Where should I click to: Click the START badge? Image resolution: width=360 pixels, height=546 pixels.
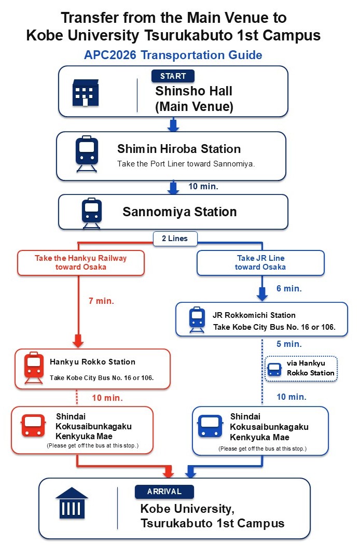pos(173,76)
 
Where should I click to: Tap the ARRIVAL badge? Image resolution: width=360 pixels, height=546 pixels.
pos(164,492)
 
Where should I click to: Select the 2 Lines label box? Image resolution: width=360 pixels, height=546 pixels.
pos(175,239)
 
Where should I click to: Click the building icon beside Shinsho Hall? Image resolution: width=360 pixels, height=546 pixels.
pos(86,93)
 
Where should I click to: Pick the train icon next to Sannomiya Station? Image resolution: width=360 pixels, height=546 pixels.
pos(92,213)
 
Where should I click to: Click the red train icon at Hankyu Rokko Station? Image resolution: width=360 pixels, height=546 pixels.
pos(34,368)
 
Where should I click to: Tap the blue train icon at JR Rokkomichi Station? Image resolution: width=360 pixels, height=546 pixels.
pos(197,319)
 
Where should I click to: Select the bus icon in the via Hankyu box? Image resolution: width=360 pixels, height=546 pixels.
pos(274,370)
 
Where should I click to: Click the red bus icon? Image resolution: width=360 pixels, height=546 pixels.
pos(33,425)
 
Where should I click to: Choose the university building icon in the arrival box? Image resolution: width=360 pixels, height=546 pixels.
pos(72,503)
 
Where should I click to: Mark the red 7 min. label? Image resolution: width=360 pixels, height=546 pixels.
pos(101,301)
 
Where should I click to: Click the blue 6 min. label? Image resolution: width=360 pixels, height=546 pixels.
pos(289,288)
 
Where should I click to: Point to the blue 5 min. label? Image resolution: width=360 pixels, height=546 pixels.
pos(289,344)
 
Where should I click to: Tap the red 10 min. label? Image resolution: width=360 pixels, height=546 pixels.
pos(107,398)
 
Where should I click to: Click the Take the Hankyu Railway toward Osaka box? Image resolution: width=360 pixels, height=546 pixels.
pos(81,263)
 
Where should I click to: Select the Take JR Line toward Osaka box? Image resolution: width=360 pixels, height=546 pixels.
pos(261,263)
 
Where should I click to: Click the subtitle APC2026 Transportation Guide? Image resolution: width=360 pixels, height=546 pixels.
pos(173,55)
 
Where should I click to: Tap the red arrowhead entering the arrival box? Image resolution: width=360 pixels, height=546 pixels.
pos(168,472)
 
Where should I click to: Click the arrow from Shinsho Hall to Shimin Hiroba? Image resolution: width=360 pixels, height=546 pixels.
pos(173,124)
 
